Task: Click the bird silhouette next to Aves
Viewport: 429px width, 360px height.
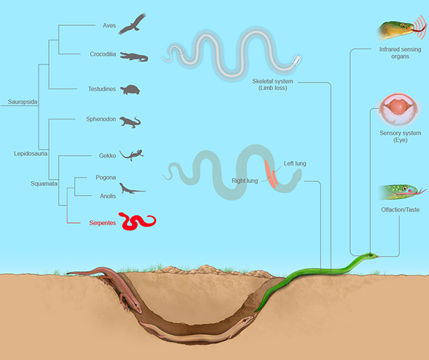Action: coord(133,25)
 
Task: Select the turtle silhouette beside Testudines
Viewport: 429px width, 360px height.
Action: coord(131,89)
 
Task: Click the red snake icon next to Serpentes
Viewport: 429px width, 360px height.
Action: coord(137,222)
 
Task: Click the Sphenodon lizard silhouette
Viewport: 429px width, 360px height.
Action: coord(130,122)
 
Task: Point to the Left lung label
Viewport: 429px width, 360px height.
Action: coord(295,164)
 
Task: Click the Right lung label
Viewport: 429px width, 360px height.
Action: coord(245,180)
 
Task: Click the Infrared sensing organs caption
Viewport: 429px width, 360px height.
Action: coord(400,54)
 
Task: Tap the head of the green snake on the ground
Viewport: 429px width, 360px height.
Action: coord(372,256)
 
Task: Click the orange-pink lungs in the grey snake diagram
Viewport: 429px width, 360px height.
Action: coord(271,173)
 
